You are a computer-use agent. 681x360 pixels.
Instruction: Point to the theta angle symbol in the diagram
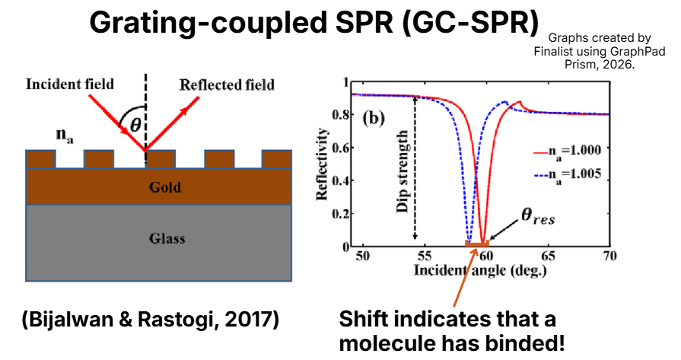point(135,126)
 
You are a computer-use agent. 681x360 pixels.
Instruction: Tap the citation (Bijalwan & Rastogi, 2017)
point(149,320)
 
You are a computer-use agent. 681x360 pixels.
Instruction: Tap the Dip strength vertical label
point(402,168)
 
